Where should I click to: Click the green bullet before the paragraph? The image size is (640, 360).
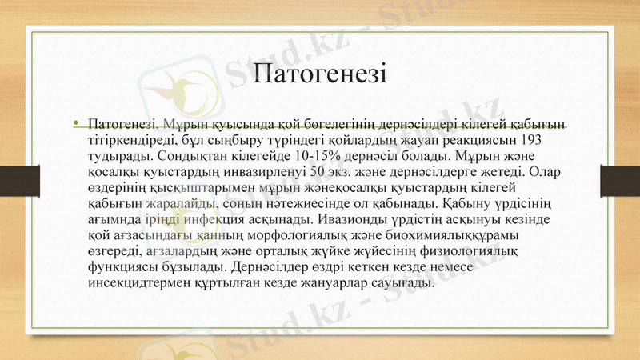[75, 124]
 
